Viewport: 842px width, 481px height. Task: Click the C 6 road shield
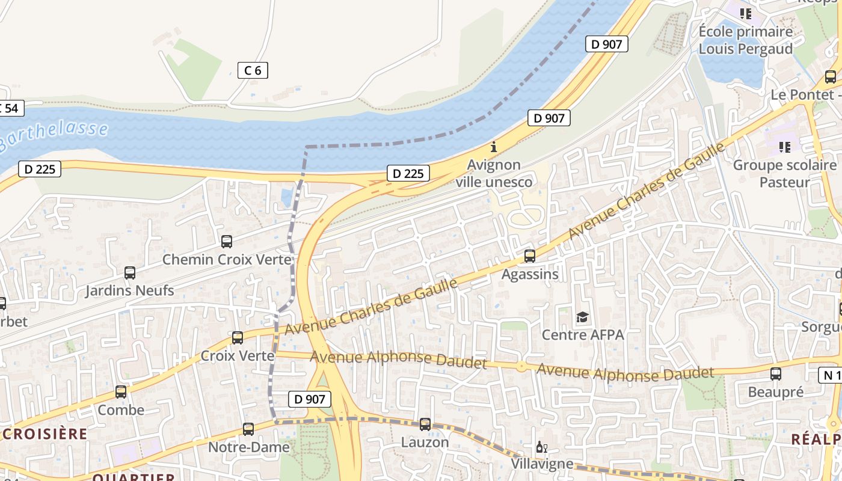(x=253, y=70)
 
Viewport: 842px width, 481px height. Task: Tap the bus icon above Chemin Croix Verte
(x=227, y=242)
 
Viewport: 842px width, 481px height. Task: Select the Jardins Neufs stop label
(x=129, y=291)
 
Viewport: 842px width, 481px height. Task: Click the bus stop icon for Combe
(x=121, y=392)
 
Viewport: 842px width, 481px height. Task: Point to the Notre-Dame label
(x=248, y=447)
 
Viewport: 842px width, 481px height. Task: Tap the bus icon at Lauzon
(x=425, y=424)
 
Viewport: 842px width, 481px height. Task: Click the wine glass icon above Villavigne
(x=541, y=447)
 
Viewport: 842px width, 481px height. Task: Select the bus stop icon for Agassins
(x=530, y=256)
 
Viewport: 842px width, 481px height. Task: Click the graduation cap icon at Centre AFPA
(x=582, y=317)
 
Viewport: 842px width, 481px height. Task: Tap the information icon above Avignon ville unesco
(x=494, y=147)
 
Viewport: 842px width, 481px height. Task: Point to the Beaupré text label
(x=775, y=393)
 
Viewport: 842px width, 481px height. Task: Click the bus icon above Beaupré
(x=776, y=374)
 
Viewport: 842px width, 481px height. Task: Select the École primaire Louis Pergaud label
(x=746, y=40)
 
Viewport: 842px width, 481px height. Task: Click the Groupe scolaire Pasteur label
(x=784, y=173)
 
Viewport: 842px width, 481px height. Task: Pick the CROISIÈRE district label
(x=45, y=434)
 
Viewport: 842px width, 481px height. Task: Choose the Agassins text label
(x=530, y=275)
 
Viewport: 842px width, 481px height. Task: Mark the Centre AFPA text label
(x=583, y=335)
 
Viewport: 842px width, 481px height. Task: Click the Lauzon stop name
(x=425, y=443)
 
